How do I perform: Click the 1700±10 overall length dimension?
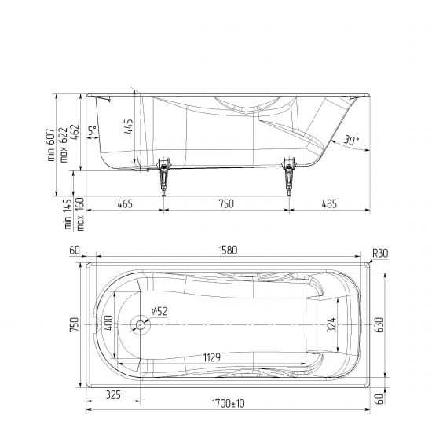pos(228,404)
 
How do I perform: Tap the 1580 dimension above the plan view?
pos(228,250)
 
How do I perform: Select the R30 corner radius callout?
pos(380,253)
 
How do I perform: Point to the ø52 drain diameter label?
pos(159,311)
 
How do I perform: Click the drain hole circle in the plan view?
pos(141,325)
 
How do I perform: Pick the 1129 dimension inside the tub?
pos(212,357)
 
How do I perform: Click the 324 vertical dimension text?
pos(331,325)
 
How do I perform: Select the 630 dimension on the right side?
pos(379,325)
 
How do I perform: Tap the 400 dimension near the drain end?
pos(108,323)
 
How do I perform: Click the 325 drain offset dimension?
pos(113,395)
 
